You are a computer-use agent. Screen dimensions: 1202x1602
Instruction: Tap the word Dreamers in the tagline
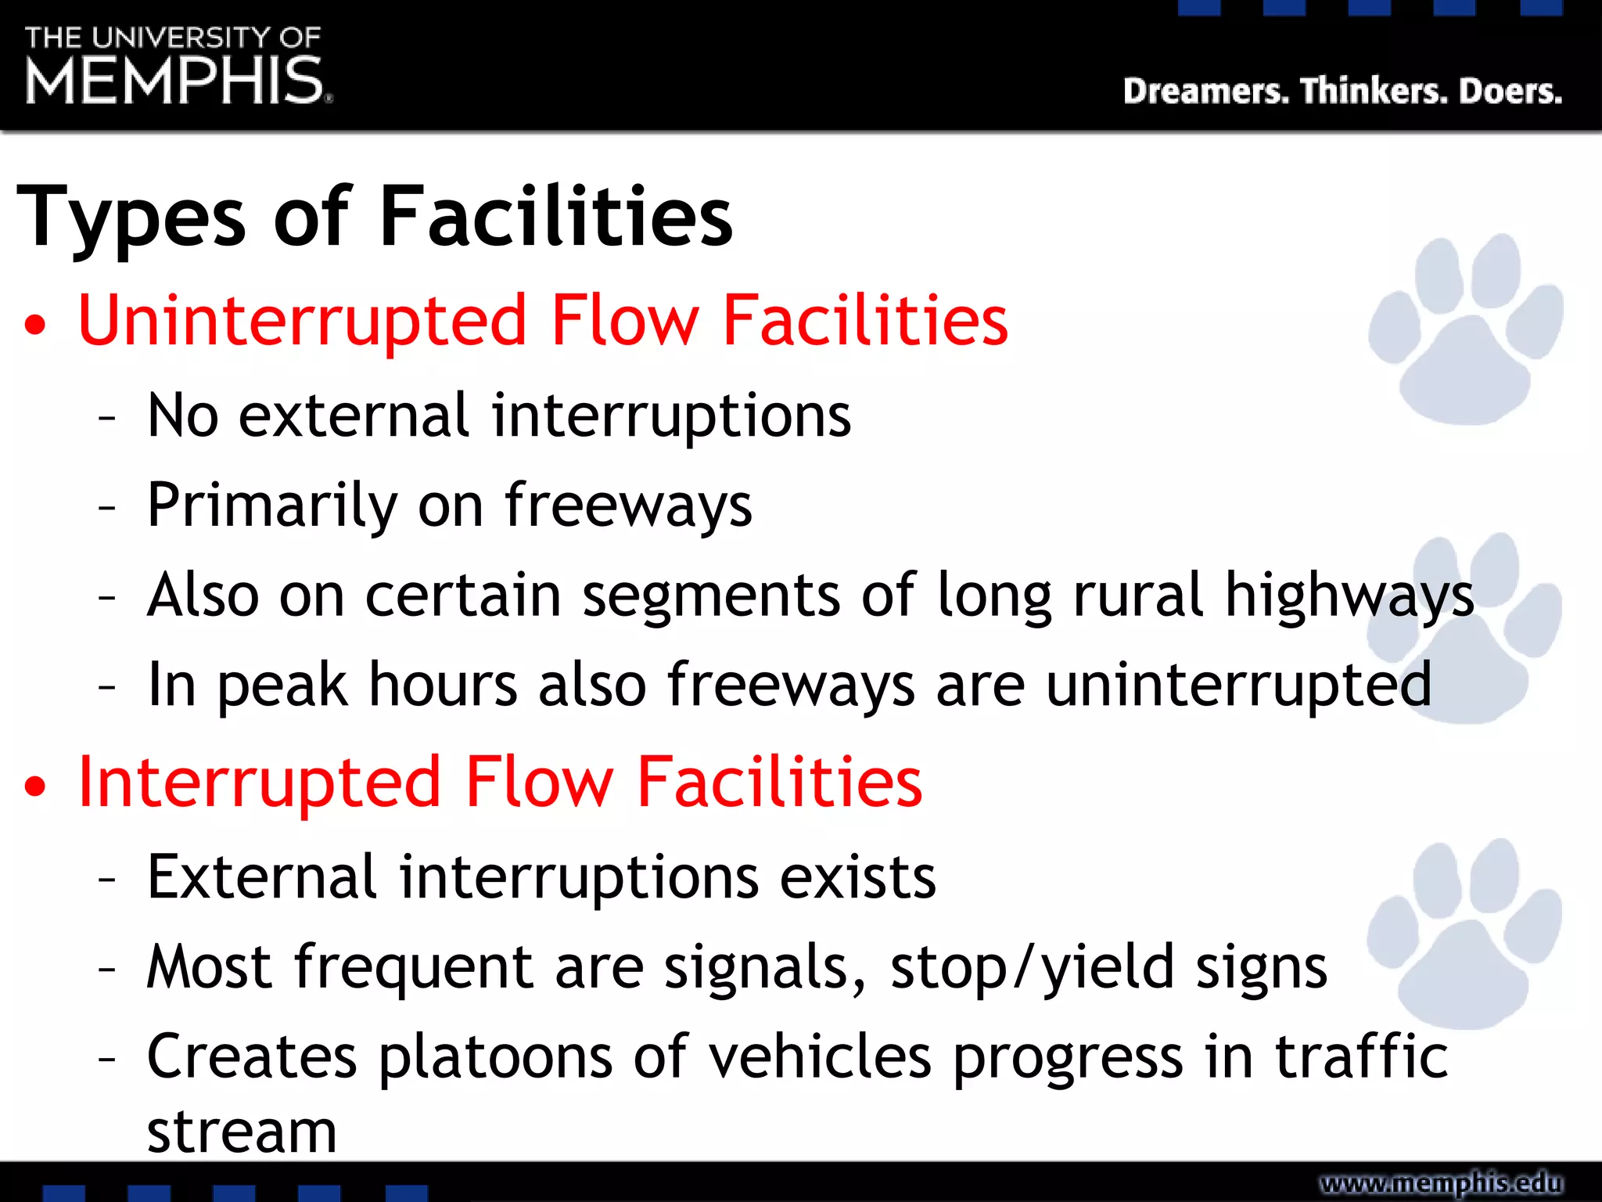pyautogui.click(x=1205, y=92)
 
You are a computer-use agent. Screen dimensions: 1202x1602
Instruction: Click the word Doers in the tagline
pyautogui.click(x=1510, y=92)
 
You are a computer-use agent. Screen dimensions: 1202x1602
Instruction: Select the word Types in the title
pyautogui.click(x=131, y=218)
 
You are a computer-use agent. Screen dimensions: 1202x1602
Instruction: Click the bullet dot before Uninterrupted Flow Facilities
pyautogui.click(x=34, y=324)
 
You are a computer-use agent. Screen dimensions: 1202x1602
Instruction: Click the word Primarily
pyautogui.click(x=272, y=506)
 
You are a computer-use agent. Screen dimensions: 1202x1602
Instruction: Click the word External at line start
pyautogui.click(x=262, y=876)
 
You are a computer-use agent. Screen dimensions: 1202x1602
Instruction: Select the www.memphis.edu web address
pyautogui.click(x=1441, y=1182)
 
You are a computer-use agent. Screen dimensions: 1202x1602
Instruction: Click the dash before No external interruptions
pyautogui.click(x=107, y=418)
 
